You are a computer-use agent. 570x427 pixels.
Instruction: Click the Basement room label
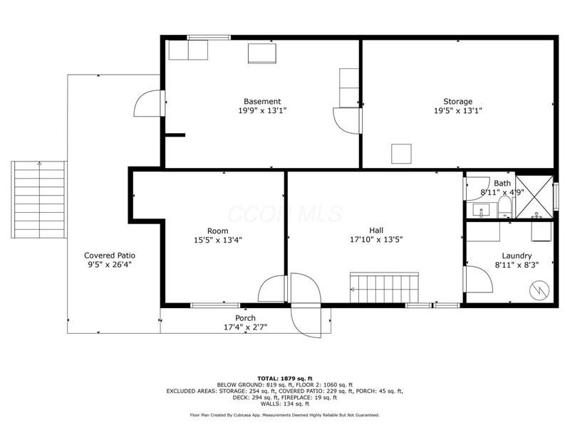262,101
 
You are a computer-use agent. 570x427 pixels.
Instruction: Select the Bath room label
502,183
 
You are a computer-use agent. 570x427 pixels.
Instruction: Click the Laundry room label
517,255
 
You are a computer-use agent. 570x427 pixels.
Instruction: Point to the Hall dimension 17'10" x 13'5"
376,240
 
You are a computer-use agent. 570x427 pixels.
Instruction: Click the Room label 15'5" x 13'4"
217,240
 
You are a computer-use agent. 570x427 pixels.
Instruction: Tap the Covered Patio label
109,255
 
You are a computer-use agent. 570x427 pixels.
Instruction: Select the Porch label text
245,317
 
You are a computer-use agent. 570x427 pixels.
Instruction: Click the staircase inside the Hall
385,288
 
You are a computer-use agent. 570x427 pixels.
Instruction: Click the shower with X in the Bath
535,196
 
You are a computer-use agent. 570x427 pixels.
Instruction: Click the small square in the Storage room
402,154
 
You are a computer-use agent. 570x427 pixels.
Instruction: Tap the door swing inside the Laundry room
477,279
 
